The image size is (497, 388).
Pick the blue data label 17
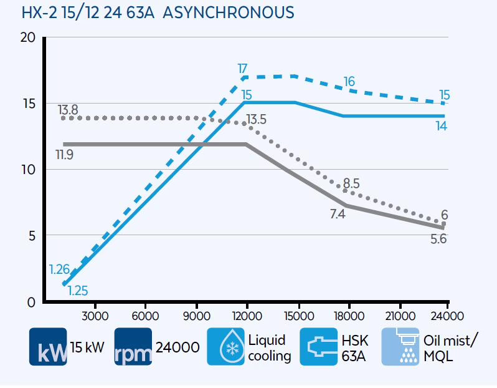coord(244,67)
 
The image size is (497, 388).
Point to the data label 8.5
coord(351,183)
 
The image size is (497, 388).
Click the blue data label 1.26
coord(60,269)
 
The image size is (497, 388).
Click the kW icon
coord(48,347)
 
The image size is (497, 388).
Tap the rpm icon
coord(133,347)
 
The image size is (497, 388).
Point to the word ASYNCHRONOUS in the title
coord(229,13)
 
